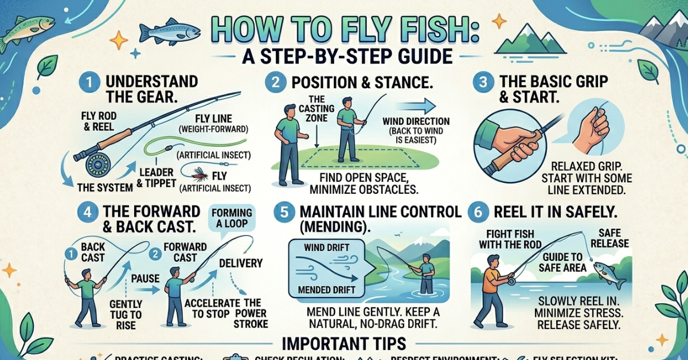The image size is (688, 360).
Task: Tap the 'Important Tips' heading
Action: (x=344, y=343)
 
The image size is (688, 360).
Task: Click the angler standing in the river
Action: (x=425, y=274)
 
